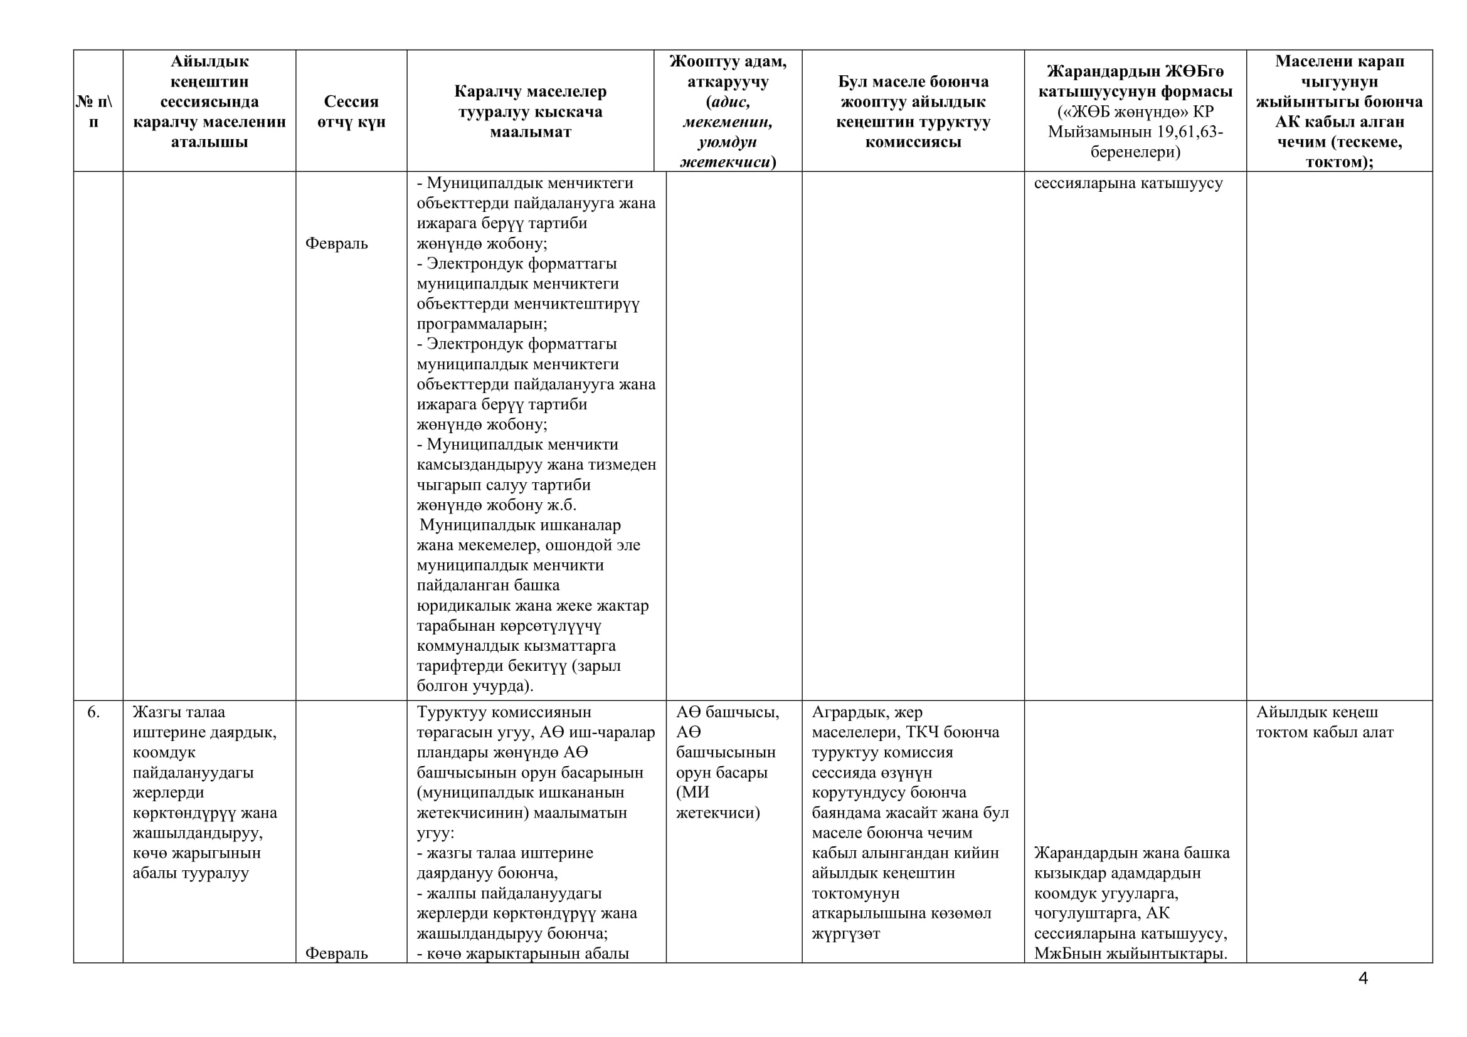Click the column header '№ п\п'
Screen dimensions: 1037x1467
94,111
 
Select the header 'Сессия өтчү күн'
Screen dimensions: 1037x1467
351,111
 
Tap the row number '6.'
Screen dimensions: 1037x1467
93,712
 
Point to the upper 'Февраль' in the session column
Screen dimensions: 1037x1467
337,243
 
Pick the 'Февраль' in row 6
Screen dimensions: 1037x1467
337,954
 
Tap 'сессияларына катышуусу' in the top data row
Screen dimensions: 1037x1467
1128,183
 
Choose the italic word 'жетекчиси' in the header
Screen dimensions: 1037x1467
724,162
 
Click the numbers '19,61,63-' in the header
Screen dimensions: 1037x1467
1189,132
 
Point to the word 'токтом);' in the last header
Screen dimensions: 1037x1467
1339,162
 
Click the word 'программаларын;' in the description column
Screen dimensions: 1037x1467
482,324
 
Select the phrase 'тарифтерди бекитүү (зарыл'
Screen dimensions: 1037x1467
519,666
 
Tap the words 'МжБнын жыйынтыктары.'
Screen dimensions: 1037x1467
1130,954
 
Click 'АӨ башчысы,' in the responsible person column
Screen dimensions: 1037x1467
728,712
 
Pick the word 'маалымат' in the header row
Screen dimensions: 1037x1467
531,132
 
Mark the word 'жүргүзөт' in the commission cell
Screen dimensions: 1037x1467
846,934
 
